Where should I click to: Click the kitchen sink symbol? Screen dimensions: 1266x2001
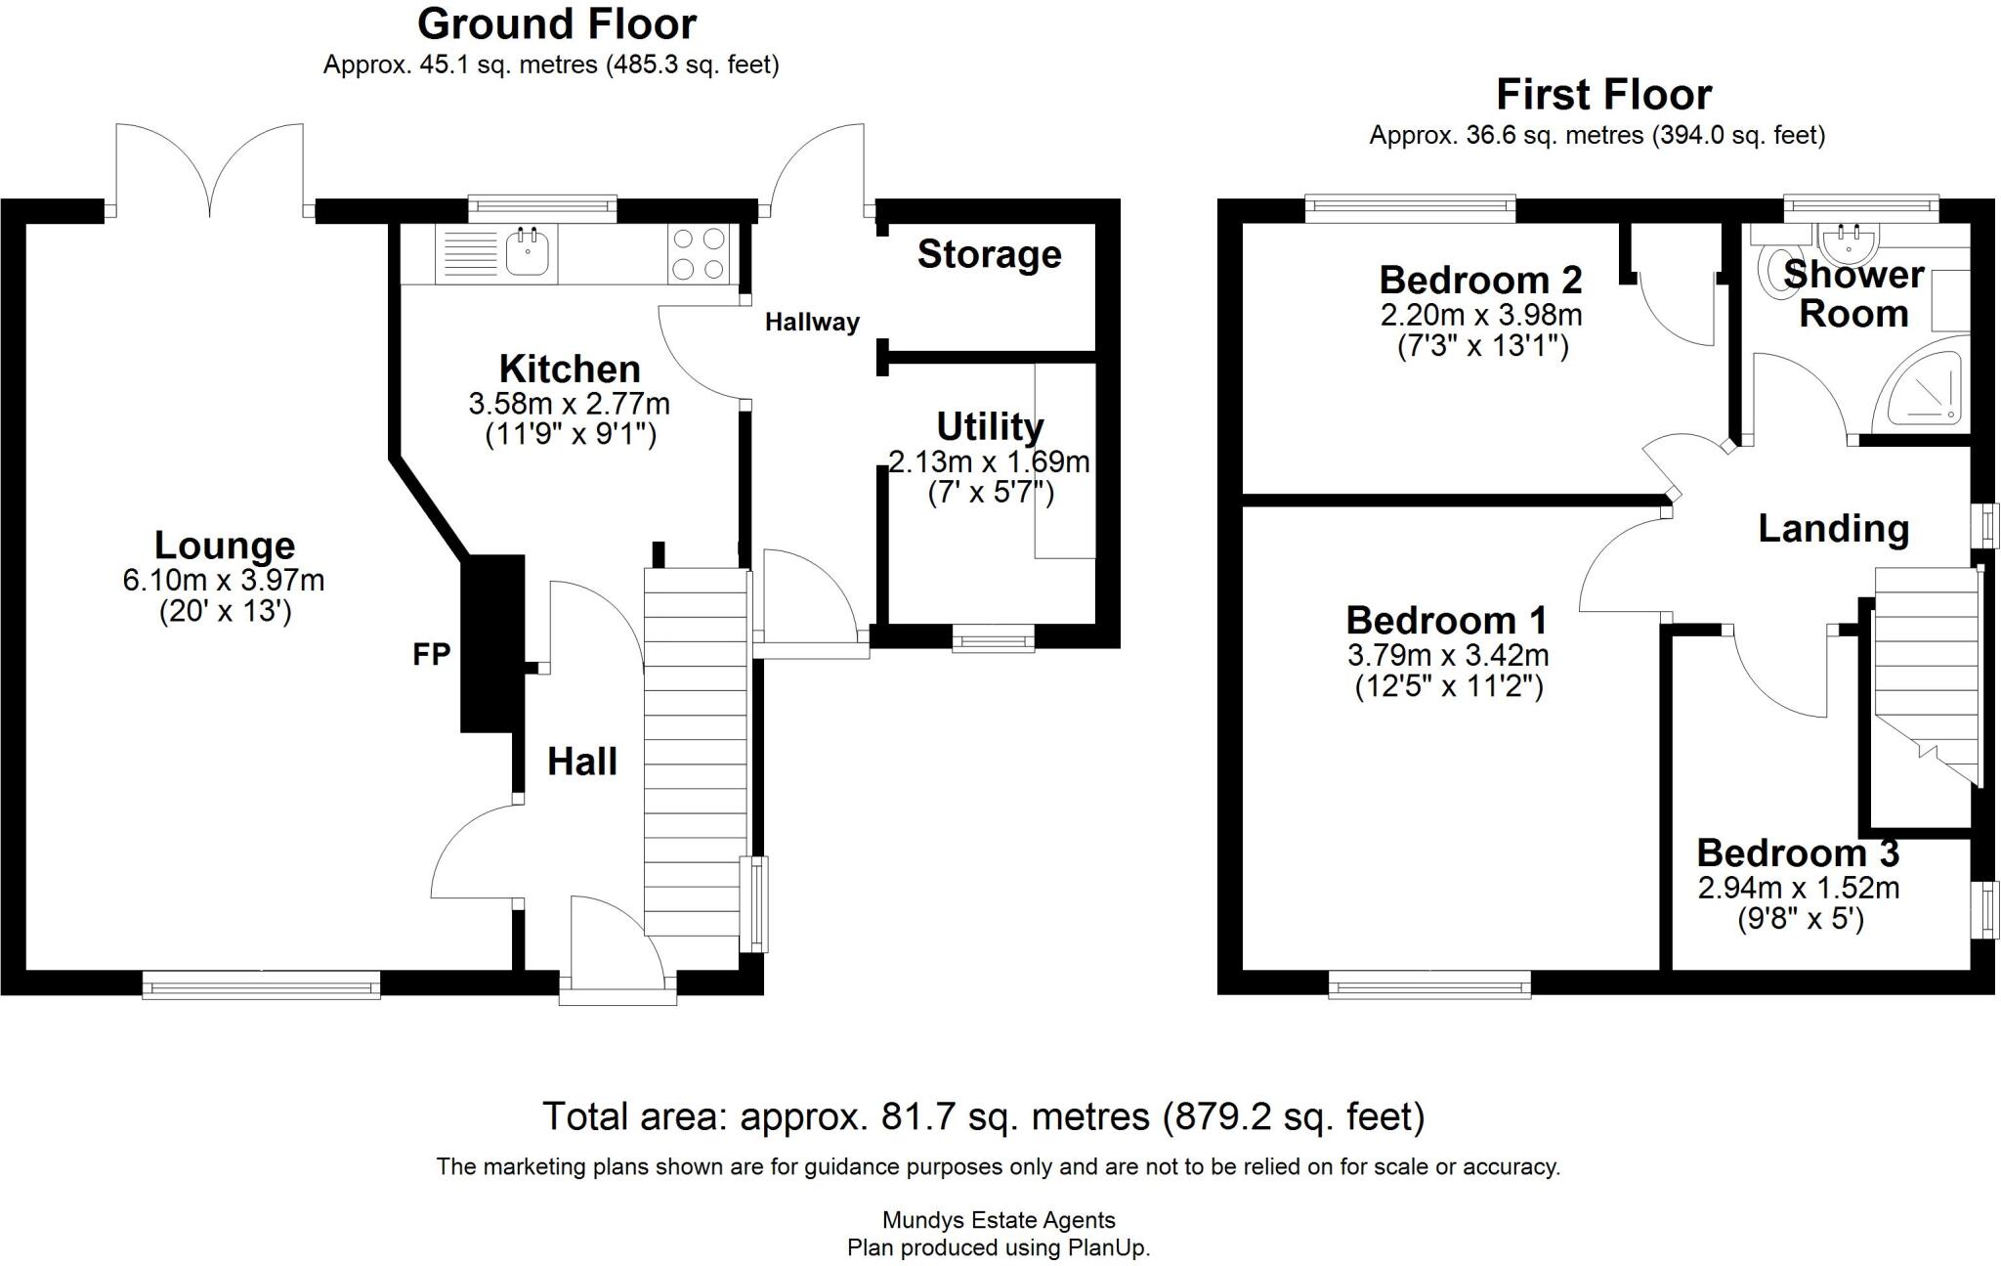pyautogui.click(x=529, y=251)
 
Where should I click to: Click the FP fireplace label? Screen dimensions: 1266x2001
pyautogui.click(x=431, y=654)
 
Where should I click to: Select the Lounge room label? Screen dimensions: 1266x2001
pyautogui.click(x=225, y=545)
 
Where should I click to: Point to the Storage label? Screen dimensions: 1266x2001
pyautogui.click(x=989, y=254)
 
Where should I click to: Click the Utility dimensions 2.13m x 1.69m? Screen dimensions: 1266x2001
pyautogui.click(x=989, y=460)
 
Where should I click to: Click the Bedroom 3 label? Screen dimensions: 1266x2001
pyautogui.click(x=1798, y=852)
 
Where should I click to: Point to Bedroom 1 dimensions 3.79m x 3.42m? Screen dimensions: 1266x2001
pyautogui.click(x=1448, y=654)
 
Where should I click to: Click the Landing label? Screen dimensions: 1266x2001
pyautogui.click(x=1833, y=529)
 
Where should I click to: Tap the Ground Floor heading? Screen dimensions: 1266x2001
pyautogui.click(x=557, y=24)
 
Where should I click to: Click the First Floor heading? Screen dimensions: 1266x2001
pyautogui.click(x=1603, y=95)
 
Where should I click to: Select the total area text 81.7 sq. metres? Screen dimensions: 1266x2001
pyautogui.click(x=983, y=1115)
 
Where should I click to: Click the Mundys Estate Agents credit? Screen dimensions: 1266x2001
pyautogui.click(x=999, y=1219)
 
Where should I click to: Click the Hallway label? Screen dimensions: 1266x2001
pyautogui.click(x=812, y=322)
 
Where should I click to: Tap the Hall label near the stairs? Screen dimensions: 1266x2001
pyautogui.click(x=582, y=762)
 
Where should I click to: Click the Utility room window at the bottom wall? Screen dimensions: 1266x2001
pyautogui.click(x=994, y=641)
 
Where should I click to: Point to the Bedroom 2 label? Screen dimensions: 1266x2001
pyautogui.click(x=1480, y=280)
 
